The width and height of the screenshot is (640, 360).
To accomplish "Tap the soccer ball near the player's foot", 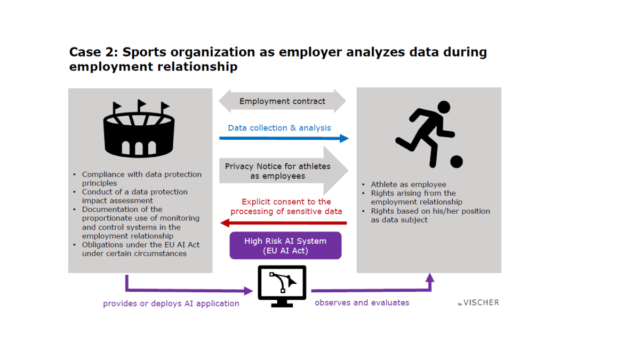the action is [x=457, y=162].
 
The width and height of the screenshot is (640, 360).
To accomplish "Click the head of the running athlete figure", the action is [x=444, y=107].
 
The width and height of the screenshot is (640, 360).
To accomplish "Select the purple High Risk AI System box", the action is [x=285, y=245].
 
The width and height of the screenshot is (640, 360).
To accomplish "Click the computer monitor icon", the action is [x=282, y=286].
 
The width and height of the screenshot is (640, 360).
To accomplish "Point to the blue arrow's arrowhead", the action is [x=344, y=139].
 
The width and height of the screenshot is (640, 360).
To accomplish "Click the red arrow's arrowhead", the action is [x=225, y=223].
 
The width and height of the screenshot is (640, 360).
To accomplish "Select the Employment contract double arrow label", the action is [x=282, y=101].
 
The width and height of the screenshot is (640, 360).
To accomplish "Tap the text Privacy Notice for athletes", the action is [x=277, y=166].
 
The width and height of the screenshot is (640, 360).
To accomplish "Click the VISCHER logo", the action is [x=478, y=302].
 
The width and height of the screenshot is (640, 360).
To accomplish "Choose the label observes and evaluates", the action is [x=362, y=302].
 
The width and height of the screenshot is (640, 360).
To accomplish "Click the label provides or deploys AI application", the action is [x=171, y=303].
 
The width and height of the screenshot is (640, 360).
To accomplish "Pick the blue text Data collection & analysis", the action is [x=279, y=127].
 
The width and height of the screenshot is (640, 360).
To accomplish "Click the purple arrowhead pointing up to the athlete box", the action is [x=430, y=278].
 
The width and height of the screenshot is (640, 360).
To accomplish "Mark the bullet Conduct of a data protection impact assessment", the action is [x=134, y=196].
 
